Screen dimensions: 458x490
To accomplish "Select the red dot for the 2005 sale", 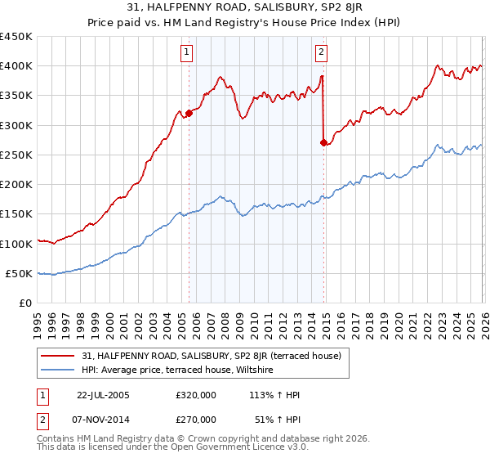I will click(x=189, y=113).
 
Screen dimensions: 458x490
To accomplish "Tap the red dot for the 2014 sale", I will click(x=323, y=142).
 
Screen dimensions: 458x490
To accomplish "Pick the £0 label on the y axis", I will click(x=26, y=303).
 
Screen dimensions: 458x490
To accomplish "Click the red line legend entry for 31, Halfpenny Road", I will click(x=216, y=356).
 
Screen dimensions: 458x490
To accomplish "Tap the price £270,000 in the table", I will click(x=195, y=419).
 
